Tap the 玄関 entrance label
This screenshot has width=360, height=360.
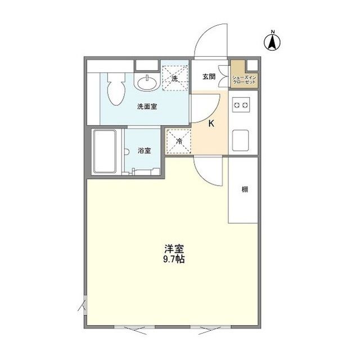coord(209,78)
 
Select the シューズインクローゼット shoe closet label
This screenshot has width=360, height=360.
coord(244,79)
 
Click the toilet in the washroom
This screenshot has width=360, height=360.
coord(116,90)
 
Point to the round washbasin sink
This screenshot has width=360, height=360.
coord(148,83)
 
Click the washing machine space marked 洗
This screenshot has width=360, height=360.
coord(175,78)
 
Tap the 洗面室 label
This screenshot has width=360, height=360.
coord(147,106)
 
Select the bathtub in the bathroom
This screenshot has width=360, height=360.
coord(105,152)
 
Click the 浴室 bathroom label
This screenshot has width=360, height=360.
coord(145,150)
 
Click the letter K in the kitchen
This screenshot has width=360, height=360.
coord(211,124)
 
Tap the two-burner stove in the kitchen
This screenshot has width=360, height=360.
coord(241,105)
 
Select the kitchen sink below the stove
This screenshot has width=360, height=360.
coord(241,138)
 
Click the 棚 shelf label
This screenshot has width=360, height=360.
coord(245,189)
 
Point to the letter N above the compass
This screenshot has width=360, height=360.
coord(273,31)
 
